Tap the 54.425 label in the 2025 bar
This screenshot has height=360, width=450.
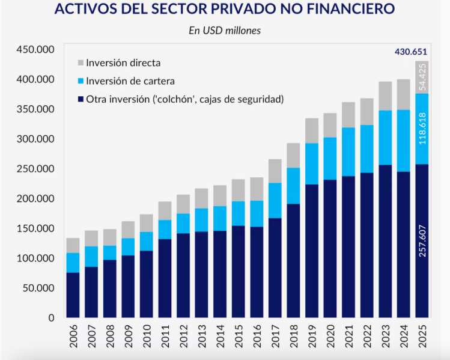click(x=422, y=77)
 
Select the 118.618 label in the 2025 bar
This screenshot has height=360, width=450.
click(x=422, y=129)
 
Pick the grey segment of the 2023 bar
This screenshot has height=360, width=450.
click(x=386, y=96)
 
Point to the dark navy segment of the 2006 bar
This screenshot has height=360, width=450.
click(x=73, y=295)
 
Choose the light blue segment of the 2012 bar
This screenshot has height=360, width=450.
click(x=183, y=224)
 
